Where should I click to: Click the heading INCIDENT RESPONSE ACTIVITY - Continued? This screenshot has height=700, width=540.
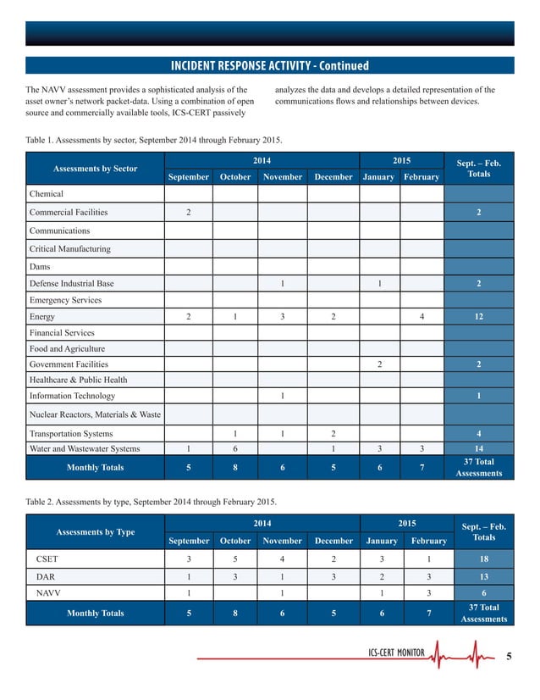click(x=270, y=66)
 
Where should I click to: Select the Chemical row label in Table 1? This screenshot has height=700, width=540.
click(x=47, y=194)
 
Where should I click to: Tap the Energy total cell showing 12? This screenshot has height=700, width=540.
click(x=479, y=317)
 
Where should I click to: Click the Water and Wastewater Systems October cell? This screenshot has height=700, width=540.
click(x=234, y=448)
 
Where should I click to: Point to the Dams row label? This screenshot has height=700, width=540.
click(x=41, y=266)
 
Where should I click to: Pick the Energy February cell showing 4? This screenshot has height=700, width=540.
click(x=421, y=317)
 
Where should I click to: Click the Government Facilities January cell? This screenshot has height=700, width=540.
click(x=379, y=364)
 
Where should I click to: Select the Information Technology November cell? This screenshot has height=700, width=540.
click(x=282, y=396)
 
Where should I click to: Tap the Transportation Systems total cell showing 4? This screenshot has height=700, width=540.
click(x=479, y=433)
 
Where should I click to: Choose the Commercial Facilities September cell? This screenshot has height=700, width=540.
click(x=188, y=212)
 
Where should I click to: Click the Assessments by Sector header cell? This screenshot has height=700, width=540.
click(x=94, y=169)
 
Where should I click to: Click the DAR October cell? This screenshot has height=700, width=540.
click(x=234, y=576)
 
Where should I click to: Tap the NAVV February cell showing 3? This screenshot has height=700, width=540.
click(x=428, y=593)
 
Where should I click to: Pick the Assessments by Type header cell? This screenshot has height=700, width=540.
click(x=94, y=532)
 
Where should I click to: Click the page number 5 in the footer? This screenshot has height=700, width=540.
click(x=508, y=655)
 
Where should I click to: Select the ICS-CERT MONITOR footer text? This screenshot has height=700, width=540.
click(x=397, y=653)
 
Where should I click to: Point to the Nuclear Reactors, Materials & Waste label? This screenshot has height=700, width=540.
click(x=95, y=414)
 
